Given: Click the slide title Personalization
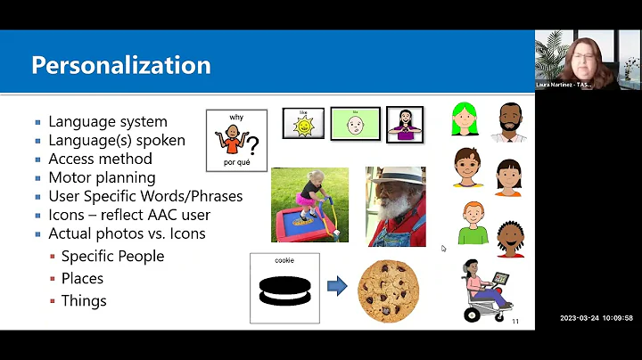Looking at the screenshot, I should point(121,65).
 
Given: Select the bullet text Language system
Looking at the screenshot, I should point(108,122).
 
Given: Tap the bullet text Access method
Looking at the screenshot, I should point(100,159).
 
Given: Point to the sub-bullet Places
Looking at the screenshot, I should point(82,278).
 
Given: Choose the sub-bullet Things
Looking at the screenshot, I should point(84,300).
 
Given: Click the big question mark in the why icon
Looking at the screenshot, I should point(252,145).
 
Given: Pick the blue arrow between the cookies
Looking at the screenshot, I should point(337,287).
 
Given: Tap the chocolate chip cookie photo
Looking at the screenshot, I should point(389,290).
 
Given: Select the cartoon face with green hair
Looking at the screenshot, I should point(464,119).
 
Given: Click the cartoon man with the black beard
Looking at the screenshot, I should point(506,122).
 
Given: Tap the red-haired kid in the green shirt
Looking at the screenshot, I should point(472,222).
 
